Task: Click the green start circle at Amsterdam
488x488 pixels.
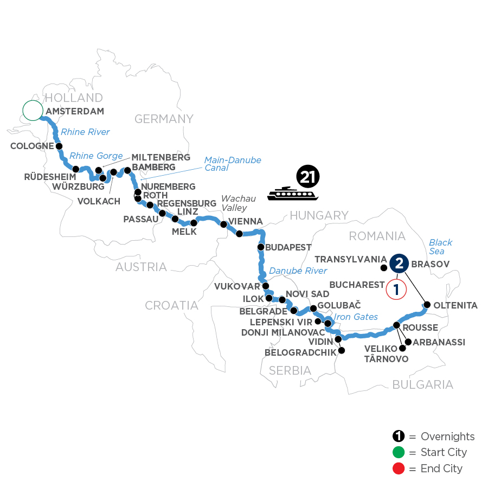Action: pyautogui.click(x=33, y=111)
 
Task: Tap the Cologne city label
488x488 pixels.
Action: pyautogui.click(x=32, y=146)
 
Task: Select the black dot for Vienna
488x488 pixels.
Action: pyautogui.click(x=223, y=223)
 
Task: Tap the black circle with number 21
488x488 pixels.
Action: pyautogui.click(x=309, y=177)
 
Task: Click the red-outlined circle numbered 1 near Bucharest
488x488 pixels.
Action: pyautogui.click(x=396, y=288)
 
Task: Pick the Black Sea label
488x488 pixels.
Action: pyautogui.click(x=440, y=247)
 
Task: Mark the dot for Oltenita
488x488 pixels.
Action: pyautogui.click(x=427, y=305)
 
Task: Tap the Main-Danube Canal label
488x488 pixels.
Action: pyautogui.click(x=232, y=164)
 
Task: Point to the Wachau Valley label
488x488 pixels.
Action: pyautogui.click(x=234, y=204)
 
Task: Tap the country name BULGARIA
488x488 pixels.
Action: pyautogui.click(x=422, y=384)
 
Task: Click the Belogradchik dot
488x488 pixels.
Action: pyautogui.click(x=342, y=350)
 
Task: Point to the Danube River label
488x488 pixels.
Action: pyautogui.click(x=298, y=271)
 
